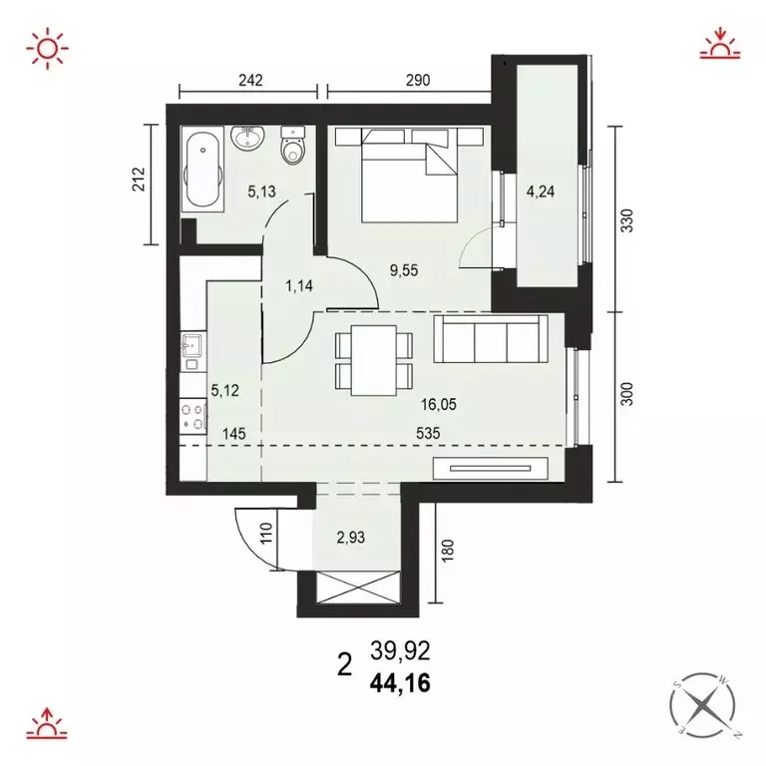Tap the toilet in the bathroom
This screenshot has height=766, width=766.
(x=293, y=148)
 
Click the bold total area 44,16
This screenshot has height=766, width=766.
(x=401, y=683)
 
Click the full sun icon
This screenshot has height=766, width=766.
(x=49, y=47)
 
